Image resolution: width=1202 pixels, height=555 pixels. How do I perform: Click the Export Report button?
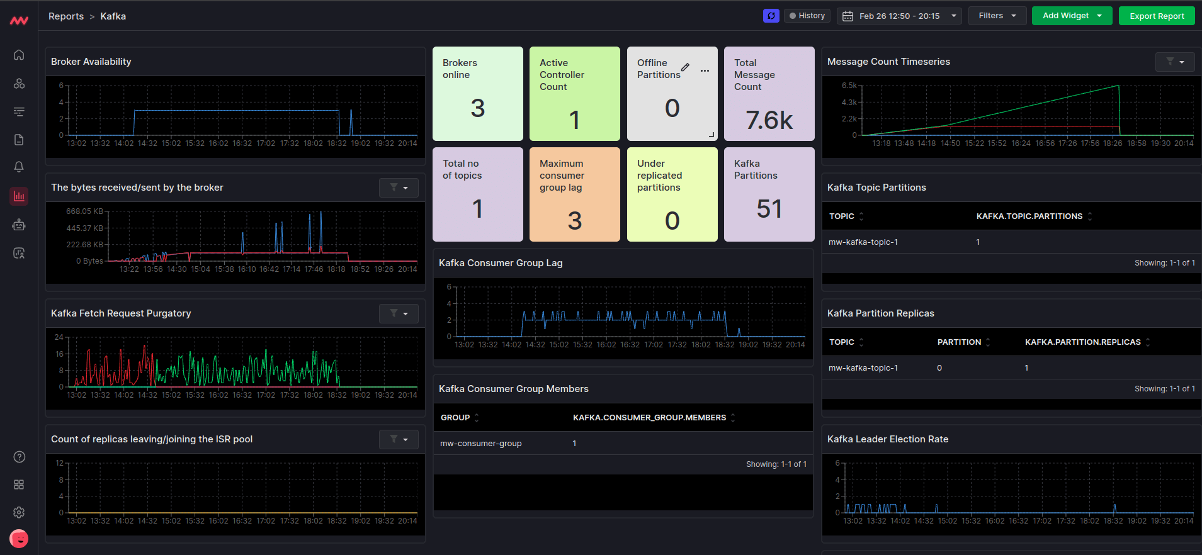[1156, 16]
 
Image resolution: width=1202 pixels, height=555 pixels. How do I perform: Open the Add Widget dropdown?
[1072, 16]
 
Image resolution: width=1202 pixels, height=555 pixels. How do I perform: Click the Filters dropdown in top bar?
[997, 16]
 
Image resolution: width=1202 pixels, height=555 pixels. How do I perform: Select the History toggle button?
[807, 16]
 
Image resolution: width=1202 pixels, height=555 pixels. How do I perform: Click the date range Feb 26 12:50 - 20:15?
[899, 16]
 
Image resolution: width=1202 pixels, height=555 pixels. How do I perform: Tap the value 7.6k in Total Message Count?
[769, 120]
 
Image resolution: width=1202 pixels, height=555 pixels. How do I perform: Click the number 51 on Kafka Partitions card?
[769, 209]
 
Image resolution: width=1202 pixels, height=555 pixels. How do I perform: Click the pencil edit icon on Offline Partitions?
[685, 67]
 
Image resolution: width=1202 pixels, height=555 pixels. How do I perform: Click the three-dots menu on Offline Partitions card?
[705, 70]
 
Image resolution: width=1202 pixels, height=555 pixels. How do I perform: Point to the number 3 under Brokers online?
[477, 108]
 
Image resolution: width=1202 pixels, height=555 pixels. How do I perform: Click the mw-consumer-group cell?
[480, 444]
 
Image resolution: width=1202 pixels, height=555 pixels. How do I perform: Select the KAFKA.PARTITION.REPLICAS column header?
[1082, 342]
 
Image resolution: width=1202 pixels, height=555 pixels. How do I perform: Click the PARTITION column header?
[959, 342]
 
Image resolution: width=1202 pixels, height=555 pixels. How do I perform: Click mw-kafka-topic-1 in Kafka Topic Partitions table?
[863, 242]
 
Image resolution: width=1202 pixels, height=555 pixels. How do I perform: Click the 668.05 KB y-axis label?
[84, 211]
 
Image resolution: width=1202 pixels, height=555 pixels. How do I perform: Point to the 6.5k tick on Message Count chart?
[849, 86]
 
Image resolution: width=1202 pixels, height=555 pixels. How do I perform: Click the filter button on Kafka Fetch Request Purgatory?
[399, 313]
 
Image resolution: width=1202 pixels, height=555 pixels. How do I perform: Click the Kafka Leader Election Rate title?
[887, 439]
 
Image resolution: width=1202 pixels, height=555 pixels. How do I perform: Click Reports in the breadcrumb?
[66, 16]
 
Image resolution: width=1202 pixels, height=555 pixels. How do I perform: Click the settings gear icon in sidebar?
[19, 512]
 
